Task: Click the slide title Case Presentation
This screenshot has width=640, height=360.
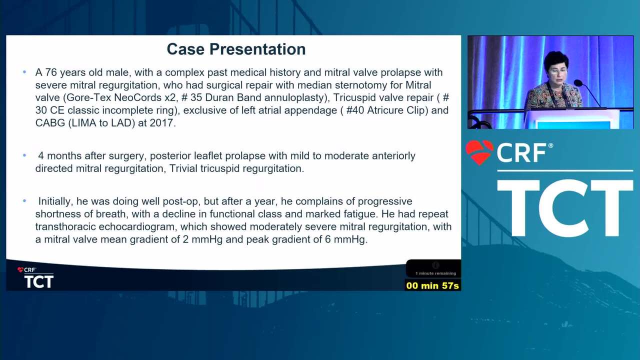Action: pos(236,49)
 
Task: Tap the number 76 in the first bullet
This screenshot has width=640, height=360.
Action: pos(51,72)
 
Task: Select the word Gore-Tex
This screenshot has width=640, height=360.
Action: pos(88,97)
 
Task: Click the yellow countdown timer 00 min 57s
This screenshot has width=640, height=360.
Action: pos(432,285)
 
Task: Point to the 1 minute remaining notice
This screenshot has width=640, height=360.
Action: pos(435,273)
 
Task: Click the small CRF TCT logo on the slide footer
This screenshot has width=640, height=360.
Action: pos(35,277)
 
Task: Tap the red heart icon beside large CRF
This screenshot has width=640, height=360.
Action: pos(479,152)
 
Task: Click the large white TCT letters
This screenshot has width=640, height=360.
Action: pos(565,208)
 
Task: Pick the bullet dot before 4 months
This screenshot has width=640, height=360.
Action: pos(24,155)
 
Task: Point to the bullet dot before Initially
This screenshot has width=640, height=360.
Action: pos(24,201)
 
